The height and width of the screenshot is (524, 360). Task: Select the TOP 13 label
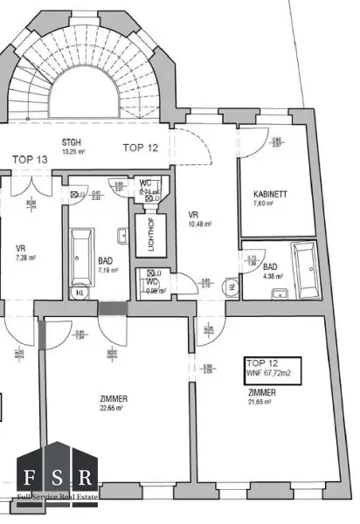pyautogui.click(x=31, y=159)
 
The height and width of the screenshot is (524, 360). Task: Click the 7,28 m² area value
pyautogui.click(x=25, y=258)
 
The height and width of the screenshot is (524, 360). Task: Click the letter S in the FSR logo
pyautogui.click(x=57, y=478)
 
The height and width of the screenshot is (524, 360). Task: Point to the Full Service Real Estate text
pyautogui.click(x=57, y=498)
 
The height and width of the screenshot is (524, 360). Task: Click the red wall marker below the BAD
pyautogui.click(x=112, y=308)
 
